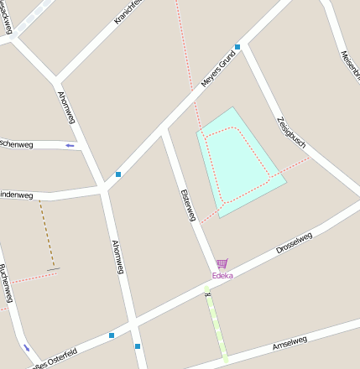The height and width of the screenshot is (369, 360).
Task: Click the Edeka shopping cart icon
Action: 222,263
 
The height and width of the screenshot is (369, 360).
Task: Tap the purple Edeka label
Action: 222,275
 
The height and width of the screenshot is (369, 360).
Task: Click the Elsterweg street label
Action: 187,205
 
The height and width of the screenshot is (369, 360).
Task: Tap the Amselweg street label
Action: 290,342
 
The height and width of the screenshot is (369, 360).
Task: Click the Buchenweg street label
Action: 7,285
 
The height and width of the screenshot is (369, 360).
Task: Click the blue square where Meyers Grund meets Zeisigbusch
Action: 237,47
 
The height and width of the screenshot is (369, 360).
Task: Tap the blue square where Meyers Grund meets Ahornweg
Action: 118,174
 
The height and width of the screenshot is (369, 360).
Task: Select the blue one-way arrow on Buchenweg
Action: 27,348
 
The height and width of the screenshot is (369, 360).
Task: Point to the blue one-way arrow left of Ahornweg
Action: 70,145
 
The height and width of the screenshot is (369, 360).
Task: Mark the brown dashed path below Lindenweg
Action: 47,235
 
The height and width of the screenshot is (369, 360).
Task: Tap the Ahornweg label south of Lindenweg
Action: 118,257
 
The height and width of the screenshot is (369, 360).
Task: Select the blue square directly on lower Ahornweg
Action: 138,346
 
